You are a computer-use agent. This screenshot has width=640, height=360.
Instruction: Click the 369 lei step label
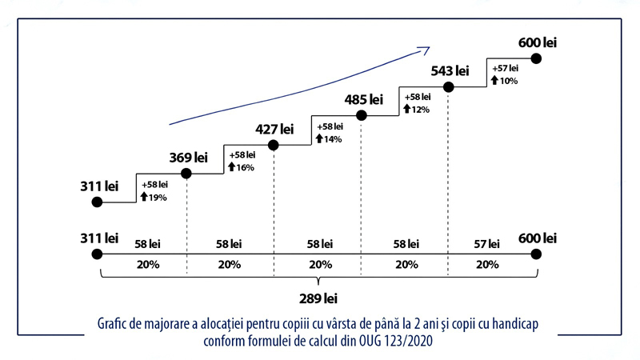tap(188, 157)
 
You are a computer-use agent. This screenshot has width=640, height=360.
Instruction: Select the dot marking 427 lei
tap(274, 146)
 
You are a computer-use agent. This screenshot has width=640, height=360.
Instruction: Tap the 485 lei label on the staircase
tap(363, 100)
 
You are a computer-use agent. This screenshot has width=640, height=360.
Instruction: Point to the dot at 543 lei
tap(449, 88)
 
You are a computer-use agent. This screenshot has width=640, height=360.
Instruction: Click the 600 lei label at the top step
tap(537, 42)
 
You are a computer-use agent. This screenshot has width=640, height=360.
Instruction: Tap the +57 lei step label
tap(506, 69)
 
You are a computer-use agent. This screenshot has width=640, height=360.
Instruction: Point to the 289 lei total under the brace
tap(318, 300)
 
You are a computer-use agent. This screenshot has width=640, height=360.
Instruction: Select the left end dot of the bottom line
tap(98, 254)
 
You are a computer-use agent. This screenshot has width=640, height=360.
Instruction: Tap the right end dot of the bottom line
tap(537, 254)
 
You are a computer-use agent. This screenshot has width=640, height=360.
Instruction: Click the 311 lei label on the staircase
tap(99, 186)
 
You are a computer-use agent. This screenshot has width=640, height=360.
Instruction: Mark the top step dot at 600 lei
tap(537, 58)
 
